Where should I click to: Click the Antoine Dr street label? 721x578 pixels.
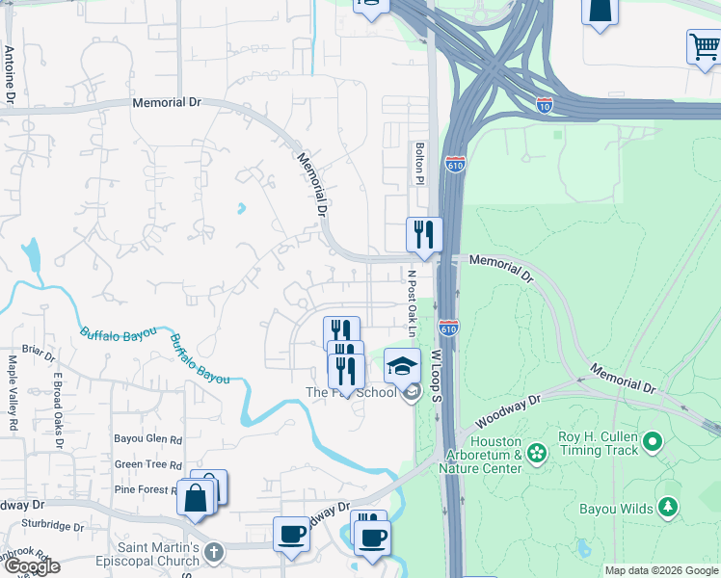(x=10, y=74)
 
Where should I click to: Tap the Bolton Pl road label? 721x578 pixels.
(x=419, y=163)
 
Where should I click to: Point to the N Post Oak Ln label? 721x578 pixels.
(x=410, y=302)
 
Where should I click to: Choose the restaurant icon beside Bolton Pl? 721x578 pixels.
(x=423, y=233)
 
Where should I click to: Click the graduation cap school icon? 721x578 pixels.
(x=403, y=365)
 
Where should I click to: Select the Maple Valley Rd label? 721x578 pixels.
(x=13, y=381)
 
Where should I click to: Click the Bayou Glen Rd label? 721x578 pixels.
(x=148, y=439)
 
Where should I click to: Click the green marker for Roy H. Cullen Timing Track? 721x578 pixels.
(x=653, y=442)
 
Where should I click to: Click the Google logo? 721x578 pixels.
(x=31, y=566)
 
